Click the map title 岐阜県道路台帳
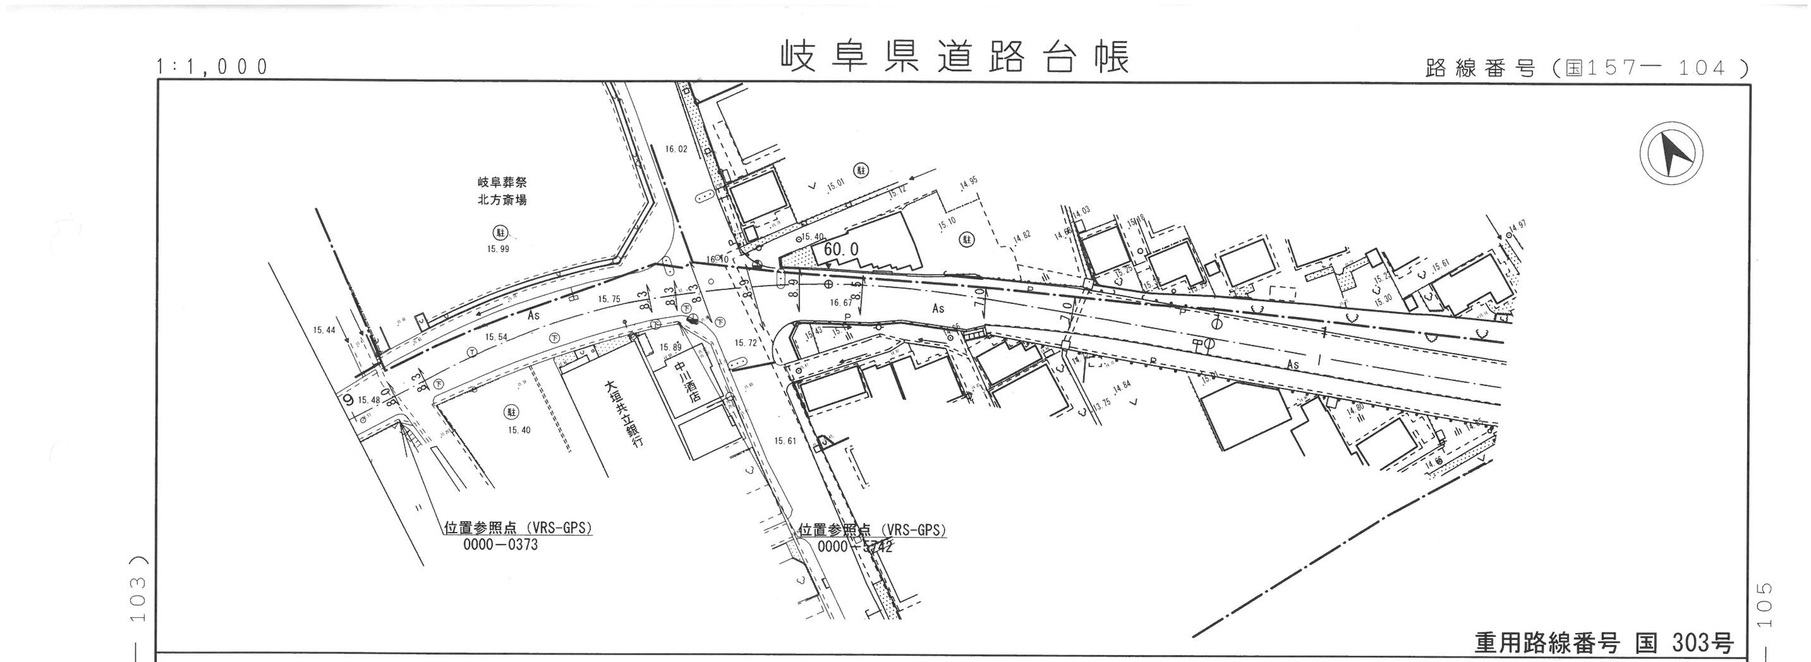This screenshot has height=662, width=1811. tap(955, 57)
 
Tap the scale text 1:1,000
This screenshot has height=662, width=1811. tap(212, 67)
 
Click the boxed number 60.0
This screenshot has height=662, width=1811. tap(841, 249)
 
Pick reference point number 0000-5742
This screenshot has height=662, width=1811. tap(855, 547)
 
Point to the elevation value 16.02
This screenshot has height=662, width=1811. tap(676, 149)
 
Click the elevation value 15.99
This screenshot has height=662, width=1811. tap(498, 249)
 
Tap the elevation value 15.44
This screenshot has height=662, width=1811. tap(324, 330)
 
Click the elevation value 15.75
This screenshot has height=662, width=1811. tap(609, 299)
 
